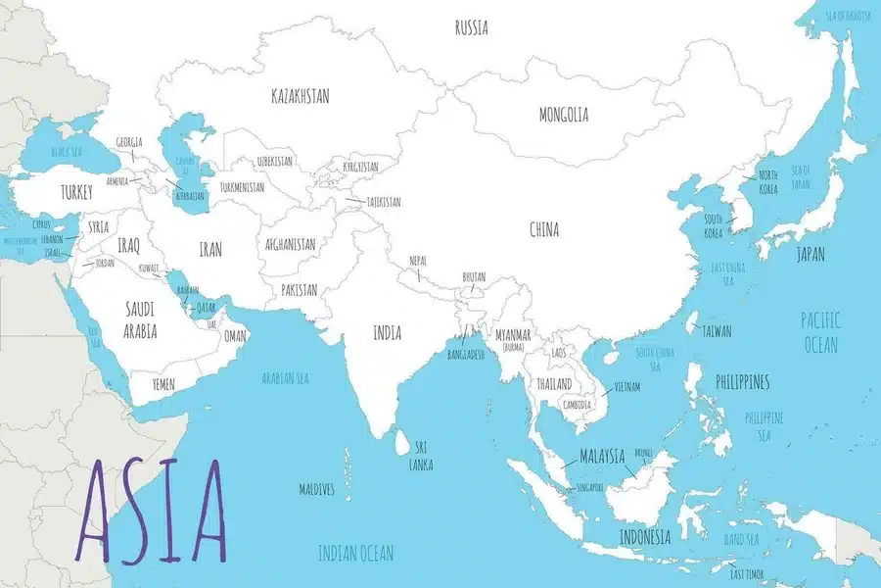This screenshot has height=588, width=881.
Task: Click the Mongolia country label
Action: pyautogui.click(x=564, y=115)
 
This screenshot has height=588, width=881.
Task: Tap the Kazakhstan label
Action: pyautogui.click(x=300, y=96)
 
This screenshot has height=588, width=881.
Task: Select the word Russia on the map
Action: pyautogui.click(x=472, y=27)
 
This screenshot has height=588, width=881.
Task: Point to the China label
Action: pyautogui.click(x=544, y=230)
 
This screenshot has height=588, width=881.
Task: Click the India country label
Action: pyautogui.click(x=387, y=333)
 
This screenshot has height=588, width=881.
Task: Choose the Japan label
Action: pyautogui.click(x=810, y=254)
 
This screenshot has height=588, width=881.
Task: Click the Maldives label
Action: pyautogui.click(x=317, y=488)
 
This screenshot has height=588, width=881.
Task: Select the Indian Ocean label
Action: pyautogui.click(x=355, y=554)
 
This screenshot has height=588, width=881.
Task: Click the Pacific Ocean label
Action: pyautogui.click(x=819, y=332)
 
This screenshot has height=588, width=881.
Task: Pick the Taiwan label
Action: pyautogui.click(x=716, y=331)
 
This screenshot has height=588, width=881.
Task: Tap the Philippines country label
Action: pyautogui.click(x=742, y=381)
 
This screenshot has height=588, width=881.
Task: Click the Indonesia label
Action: pyautogui.click(x=644, y=537)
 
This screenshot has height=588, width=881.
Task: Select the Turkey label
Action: pyautogui.click(x=75, y=192)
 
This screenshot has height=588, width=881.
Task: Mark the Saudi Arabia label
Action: pyautogui.click(x=140, y=319)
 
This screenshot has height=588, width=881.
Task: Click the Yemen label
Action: pyautogui.click(x=163, y=385)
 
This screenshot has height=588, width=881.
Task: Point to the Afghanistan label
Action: pyautogui.click(x=290, y=244)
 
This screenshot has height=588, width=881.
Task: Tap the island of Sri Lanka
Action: pyautogui.click(x=399, y=443)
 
